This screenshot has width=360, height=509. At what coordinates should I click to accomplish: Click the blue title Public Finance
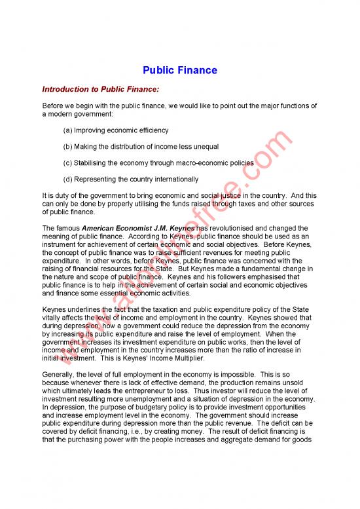point(180,70)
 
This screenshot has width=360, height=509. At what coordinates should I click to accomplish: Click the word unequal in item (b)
point(204,146)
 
